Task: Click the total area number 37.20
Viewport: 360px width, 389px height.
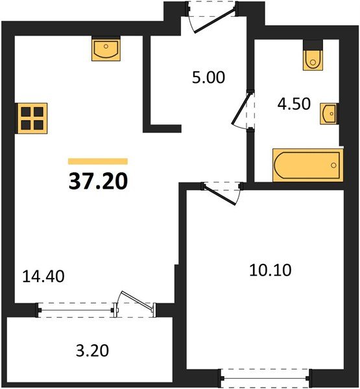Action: (x=98, y=181)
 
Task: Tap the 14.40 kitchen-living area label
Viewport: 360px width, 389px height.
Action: (x=43, y=276)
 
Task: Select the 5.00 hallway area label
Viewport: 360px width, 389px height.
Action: (x=209, y=77)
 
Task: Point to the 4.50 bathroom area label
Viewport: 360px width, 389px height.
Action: (x=294, y=104)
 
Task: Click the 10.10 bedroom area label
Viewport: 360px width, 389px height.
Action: (x=270, y=270)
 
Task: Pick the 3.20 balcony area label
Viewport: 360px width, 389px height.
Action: (x=92, y=351)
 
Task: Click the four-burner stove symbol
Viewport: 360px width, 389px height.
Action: (x=32, y=119)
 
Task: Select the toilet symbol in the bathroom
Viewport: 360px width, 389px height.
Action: (x=313, y=58)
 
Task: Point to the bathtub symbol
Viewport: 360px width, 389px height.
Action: (x=308, y=165)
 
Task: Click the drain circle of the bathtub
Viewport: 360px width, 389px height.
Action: (x=333, y=165)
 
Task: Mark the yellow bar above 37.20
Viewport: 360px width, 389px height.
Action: (x=98, y=161)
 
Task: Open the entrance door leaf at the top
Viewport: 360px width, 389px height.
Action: (x=215, y=21)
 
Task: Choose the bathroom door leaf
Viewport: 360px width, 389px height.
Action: (x=241, y=108)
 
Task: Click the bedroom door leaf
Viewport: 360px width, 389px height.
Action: (x=219, y=194)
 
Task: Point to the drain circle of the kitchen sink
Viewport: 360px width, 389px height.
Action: (x=106, y=46)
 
